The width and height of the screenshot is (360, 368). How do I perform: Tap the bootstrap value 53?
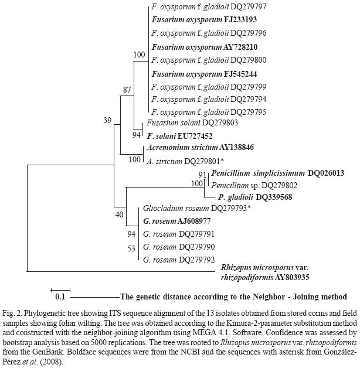[x=131, y=248]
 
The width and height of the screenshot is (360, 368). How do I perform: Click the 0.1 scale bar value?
[x=60, y=297]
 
